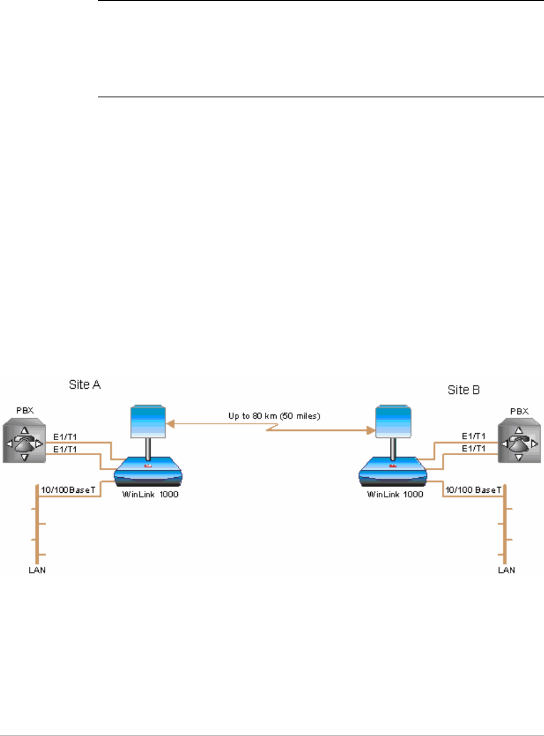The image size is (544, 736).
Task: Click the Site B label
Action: (x=464, y=390)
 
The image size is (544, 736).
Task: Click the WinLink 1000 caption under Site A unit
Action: (x=147, y=495)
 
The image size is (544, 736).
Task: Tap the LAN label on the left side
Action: (x=37, y=570)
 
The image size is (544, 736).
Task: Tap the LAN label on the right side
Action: (x=506, y=570)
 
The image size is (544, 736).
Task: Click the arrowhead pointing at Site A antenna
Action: (x=171, y=423)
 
